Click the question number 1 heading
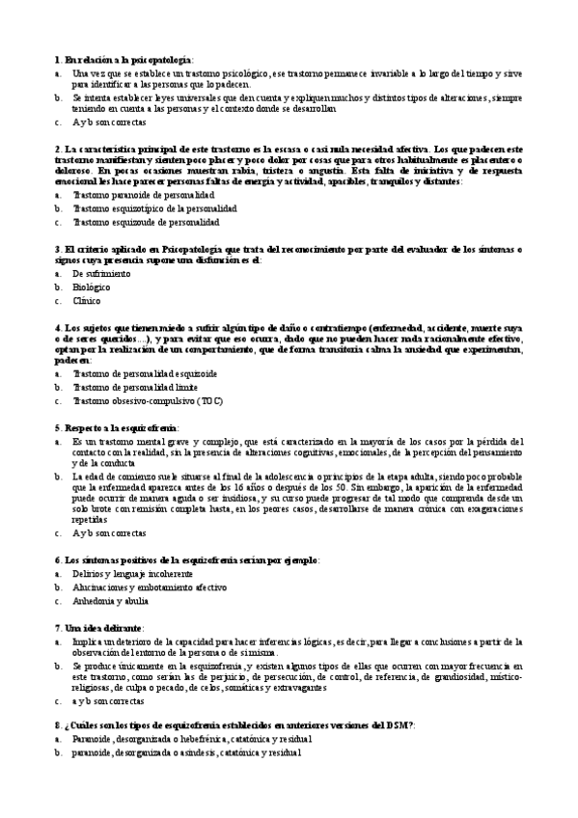[125, 59]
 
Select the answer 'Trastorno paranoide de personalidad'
[144, 194]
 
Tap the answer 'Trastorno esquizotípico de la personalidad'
[154, 207]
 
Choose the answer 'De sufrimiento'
[101, 274]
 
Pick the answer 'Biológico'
[92, 287]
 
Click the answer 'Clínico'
[87, 301]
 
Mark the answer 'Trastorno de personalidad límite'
[138, 387]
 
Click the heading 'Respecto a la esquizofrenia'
[125, 426]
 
